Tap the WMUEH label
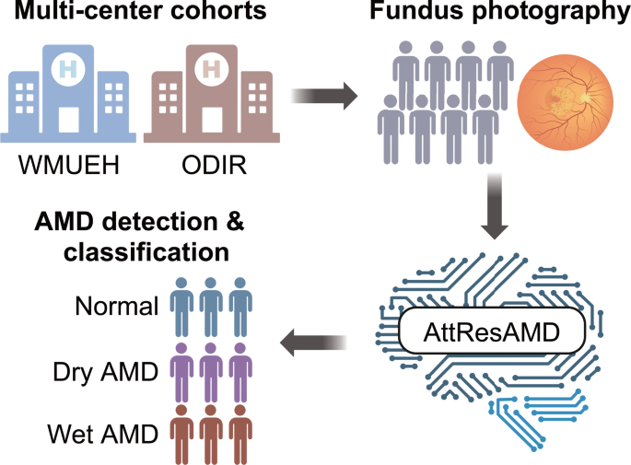pos(69,169)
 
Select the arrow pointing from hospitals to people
pos(325,93)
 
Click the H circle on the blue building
pos(69,68)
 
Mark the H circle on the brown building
pos(211,68)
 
